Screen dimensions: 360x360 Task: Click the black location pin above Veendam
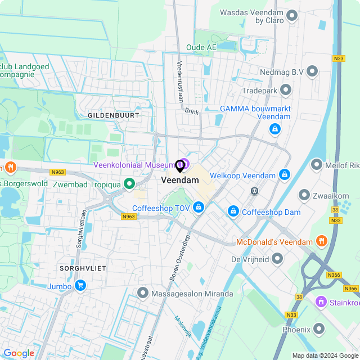pos(180,166)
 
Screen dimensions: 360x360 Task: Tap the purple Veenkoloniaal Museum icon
pos(183,164)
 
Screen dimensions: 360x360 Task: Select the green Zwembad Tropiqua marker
pos(129,184)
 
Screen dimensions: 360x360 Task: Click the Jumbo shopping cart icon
pos(80,286)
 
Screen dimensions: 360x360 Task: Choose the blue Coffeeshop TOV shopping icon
pos(198,208)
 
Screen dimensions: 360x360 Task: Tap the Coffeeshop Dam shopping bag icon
pos(233,211)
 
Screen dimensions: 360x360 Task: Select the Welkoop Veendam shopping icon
pos(284,175)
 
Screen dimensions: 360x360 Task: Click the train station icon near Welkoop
pos(254,191)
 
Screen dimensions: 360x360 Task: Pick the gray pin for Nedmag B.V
pos(312,71)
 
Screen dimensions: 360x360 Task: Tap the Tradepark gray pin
pos(286,90)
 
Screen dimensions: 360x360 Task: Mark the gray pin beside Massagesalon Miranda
pos(142,293)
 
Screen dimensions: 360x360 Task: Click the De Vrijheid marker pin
pos(277,259)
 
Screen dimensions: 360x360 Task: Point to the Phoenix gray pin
pos(319,328)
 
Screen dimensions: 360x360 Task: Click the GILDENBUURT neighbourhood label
pos(113,115)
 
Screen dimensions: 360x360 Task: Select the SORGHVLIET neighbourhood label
pos(83,269)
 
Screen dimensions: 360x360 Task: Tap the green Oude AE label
pos(201,48)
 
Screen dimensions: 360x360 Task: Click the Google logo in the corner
pos(19,353)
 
